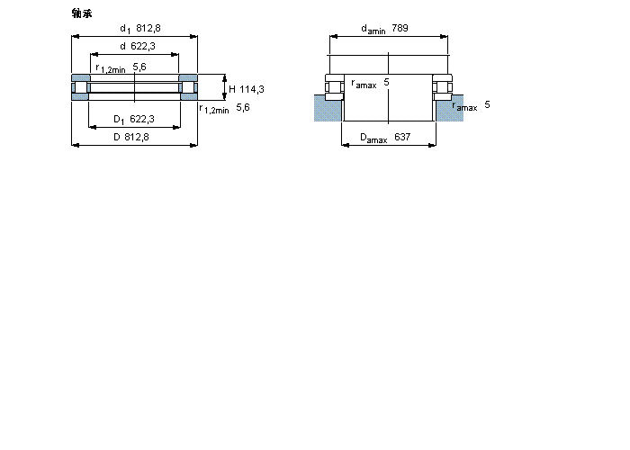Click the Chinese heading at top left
(x=81, y=13)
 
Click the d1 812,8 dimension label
(x=134, y=29)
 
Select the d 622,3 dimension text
(x=134, y=47)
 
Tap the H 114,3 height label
(x=246, y=88)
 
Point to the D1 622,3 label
(x=134, y=120)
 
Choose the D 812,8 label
(x=134, y=137)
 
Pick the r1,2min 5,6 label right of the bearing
(x=223, y=109)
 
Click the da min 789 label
(x=384, y=29)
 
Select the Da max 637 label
(x=384, y=138)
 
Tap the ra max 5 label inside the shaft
(x=370, y=84)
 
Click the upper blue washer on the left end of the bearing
(x=80, y=78)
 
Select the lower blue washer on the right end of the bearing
(x=188, y=97)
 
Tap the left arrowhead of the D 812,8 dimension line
(x=74, y=144)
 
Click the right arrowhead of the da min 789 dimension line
(x=445, y=37)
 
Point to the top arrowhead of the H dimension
(x=223, y=76)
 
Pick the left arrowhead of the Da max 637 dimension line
(x=345, y=144)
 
